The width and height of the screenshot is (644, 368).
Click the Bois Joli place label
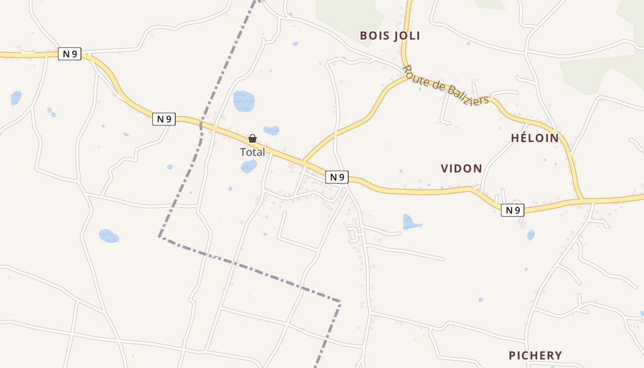click(x=390, y=36)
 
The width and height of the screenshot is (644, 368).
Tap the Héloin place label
click(x=535, y=138)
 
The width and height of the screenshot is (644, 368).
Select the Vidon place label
click(x=461, y=168)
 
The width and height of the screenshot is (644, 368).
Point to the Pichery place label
click(x=535, y=355)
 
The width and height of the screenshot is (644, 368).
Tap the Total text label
click(x=253, y=152)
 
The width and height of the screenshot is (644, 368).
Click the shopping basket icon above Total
click(x=253, y=138)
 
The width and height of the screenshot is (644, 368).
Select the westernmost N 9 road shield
click(x=69, y=54)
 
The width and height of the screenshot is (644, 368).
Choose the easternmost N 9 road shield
click(x=512, y=210)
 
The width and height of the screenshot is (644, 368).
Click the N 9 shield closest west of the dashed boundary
click(x=164, y=119)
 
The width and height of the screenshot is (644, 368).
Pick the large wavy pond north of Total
click(x=243, y=101)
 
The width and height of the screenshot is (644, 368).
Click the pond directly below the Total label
click(x=249, y=166)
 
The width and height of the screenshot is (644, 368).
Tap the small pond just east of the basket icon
click(x=271, y=130)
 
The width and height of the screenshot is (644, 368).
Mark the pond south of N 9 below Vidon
click(x=410, y=222)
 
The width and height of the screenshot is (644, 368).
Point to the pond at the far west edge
click(x=16, y=98)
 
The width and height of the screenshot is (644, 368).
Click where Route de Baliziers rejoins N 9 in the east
click(x=583, y=200)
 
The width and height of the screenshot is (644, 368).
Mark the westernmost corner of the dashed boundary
click(x=159, y=236)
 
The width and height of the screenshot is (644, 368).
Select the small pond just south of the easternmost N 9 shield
click(x=531, y=235)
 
